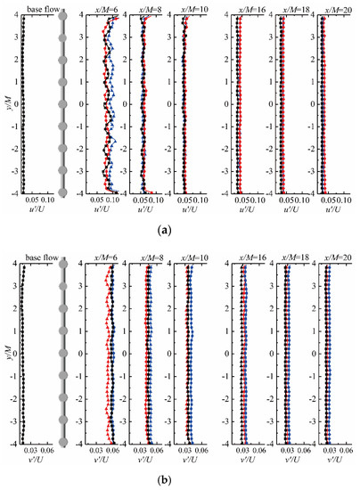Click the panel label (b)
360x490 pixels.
(x=179, y=481)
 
